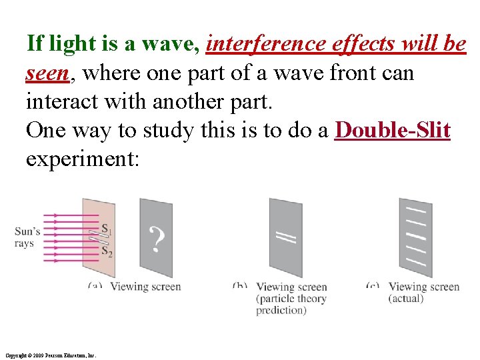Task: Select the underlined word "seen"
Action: click(47, 73)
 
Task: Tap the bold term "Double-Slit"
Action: click(393, 131)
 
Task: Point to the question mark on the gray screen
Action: click(156, 239)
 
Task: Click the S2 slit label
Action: click(107, 251)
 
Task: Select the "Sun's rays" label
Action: click(27, 237)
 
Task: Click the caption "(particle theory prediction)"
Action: click(291, 304)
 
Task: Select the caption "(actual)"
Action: click(406, 298)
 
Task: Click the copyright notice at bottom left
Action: click(50, 355)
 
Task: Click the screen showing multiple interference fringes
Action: click(415, 237)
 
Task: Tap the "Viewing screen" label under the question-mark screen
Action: click(145, 287)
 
